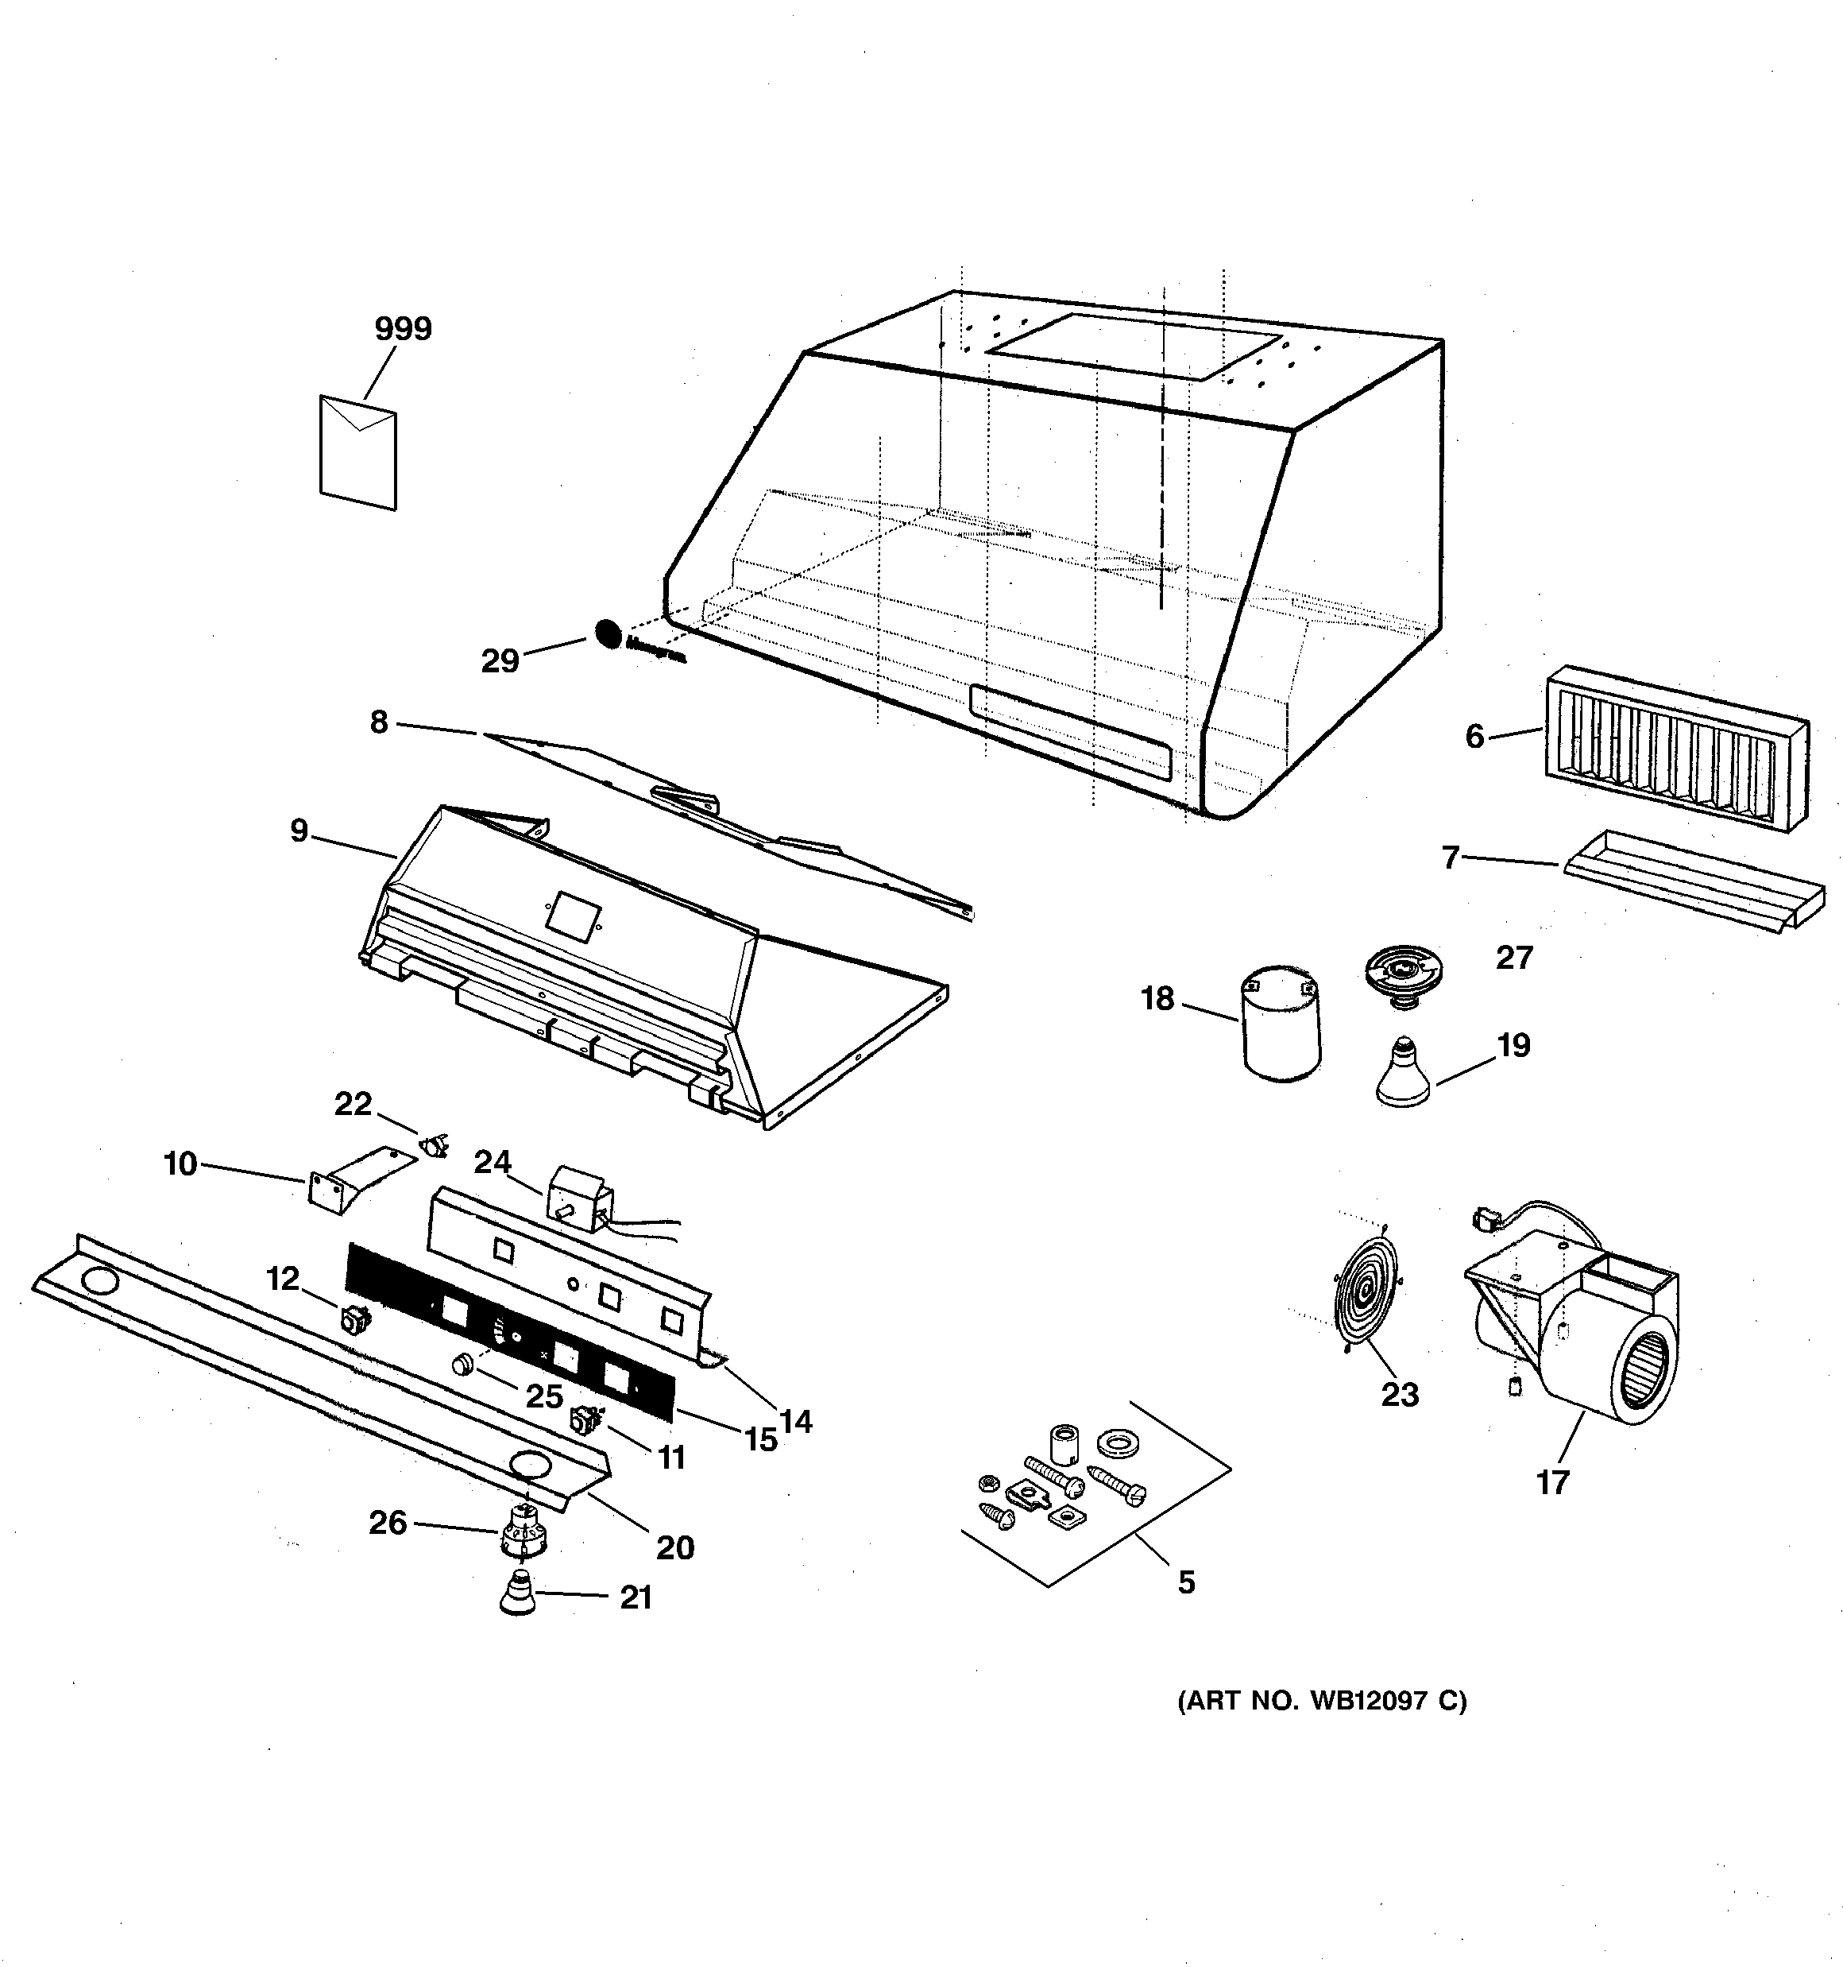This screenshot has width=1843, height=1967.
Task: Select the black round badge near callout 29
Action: (x=609, y=634)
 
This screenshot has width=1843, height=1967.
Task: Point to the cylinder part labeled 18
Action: (x=1281, y=1024)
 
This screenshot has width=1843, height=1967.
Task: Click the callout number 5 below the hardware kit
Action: (x=1186, y=1582)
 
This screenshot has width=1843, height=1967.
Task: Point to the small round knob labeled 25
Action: (x=461, y=1366)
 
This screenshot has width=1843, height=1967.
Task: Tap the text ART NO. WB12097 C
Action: (x=1322, y=1701)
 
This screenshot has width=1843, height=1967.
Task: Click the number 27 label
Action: (x=1513, y=958)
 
